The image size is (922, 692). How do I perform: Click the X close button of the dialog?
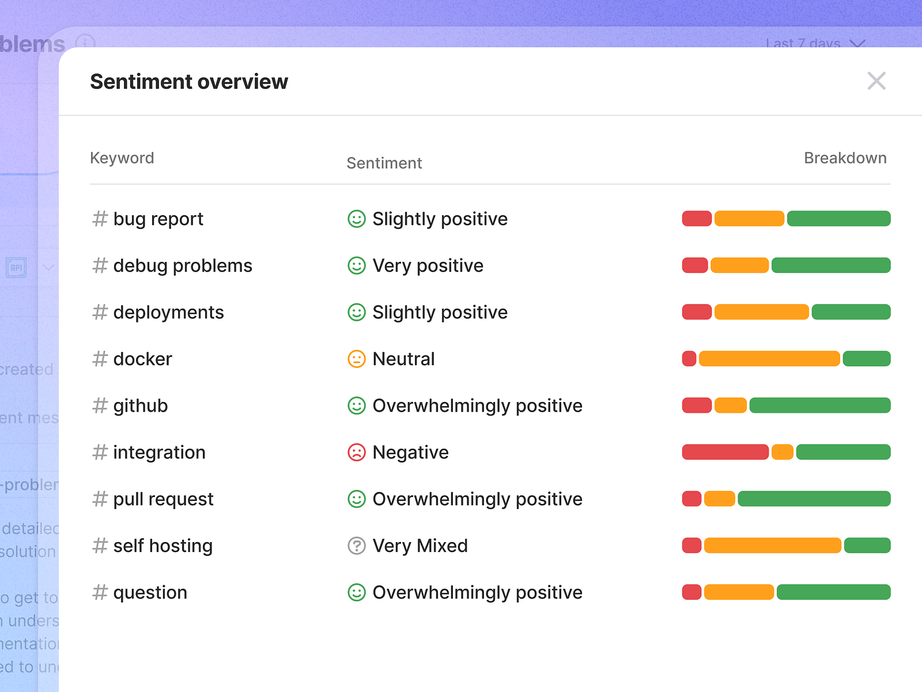pyautogui.click(x=876, y=81)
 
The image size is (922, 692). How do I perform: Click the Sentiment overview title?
pyautogui.click(x=189, y=82)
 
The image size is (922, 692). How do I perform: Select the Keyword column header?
pyautogui.click(x=122, y=158)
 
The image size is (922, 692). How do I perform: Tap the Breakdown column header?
pyautogui.click(x=845, y=158)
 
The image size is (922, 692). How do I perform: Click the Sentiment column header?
pyautogui.click(x=384, y=163)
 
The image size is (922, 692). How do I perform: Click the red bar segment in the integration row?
pyautogui.click(x=725, y=452)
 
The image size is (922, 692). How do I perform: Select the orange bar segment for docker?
pyautogui.click(x=769, y=359)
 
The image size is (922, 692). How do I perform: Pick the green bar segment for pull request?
pyautogui.click(x=814, y=499)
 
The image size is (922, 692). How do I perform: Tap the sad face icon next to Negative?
pyautogui.click(x=357, y=453)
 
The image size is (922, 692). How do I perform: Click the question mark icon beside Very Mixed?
pyautogui.click(x=357, y=546)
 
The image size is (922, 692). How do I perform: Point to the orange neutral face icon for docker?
pyautogui.click(x=357, y=359)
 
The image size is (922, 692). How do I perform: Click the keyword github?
pyautogui.click(x=141, y=406)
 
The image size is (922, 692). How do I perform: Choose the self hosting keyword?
pyautogui.click(x=163, y=546)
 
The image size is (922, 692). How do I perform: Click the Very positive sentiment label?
pyautogui.click(x=428, y=266)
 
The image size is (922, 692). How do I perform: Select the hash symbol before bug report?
pyautogui.click(x=100, y=219)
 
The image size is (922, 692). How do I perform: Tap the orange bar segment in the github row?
pyautogui.click(x=730, y=405)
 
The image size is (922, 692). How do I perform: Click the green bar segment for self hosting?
pyautogui.click(x=867, y=546)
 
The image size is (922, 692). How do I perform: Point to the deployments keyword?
pyautogui.click(x=168, y=313)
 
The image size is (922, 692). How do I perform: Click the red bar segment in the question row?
pyautogui.click(x=691, y=592)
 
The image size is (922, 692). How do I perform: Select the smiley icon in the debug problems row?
pyautogui.click(x=357, y=266)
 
